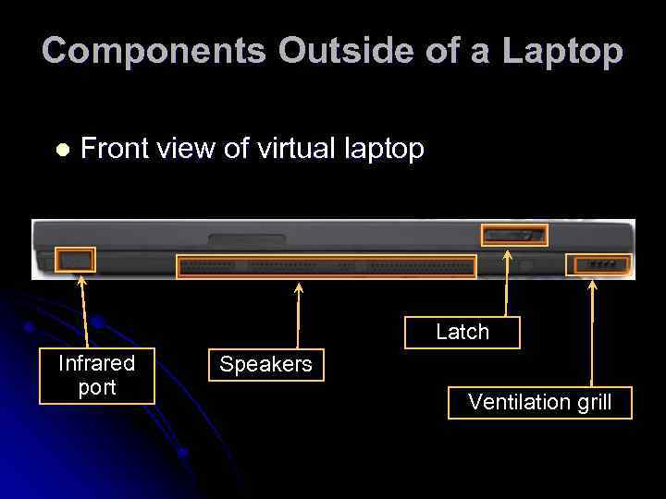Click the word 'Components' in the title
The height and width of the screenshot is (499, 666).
pos(154,51)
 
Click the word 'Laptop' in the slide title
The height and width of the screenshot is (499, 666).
pos(562,51)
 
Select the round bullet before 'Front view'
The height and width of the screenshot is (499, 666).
pos(62,150)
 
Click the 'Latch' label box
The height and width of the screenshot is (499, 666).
pos(462,332)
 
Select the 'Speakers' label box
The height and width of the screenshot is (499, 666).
pos(265,365)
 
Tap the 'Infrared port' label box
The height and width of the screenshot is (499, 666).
pos(96,376)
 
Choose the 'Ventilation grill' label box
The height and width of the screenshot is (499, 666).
pos(540,402)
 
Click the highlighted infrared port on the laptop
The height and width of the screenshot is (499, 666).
pos(75,261)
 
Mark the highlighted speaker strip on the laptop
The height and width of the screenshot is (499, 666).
pos(326,267)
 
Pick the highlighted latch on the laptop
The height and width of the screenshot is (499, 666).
pos(514,235)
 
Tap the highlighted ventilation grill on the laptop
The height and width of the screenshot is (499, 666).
pos(598,265)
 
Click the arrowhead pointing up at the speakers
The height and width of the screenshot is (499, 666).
pos(298,287)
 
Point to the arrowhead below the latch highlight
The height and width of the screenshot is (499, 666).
pos(507,254)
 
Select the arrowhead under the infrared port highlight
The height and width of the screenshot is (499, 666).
pos(80,281)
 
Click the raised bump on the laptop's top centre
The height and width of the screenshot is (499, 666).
pos(246,240)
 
